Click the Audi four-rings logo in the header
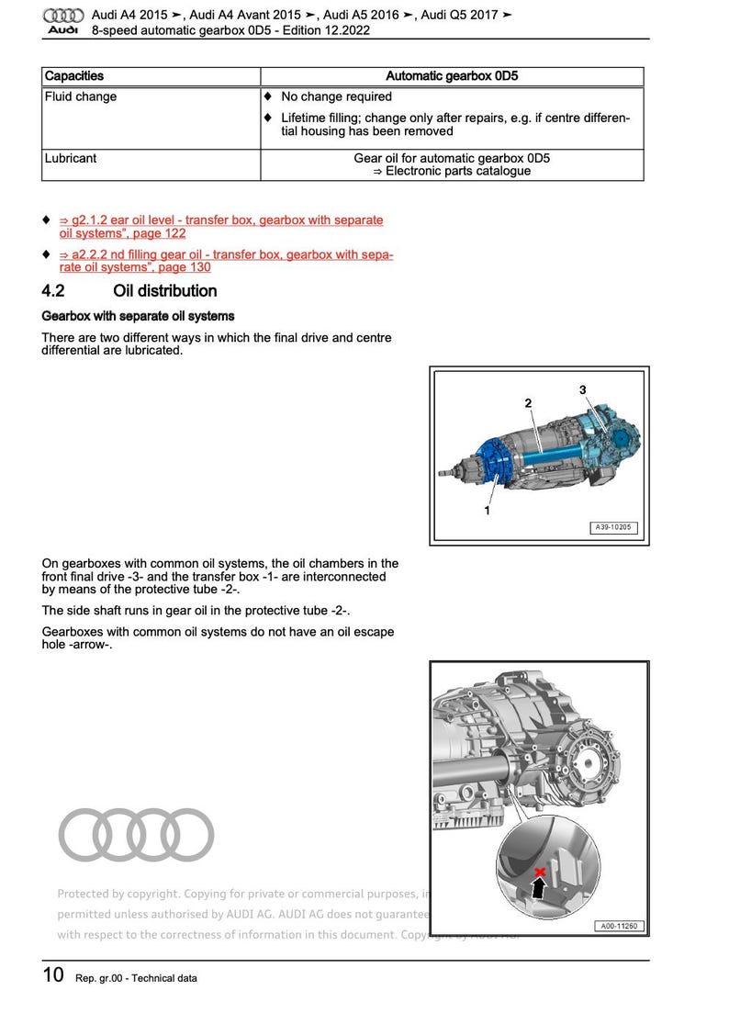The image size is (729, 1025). [64, 15]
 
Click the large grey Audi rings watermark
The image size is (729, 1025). [136, 834]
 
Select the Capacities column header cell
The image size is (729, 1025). [74, 76]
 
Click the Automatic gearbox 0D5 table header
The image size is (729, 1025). [452, 76]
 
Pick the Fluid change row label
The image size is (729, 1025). [81, 96]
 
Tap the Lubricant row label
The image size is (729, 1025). [70, 158]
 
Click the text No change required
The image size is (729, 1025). [336, 96]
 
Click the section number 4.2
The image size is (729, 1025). [53, 291]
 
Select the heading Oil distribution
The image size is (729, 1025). [164, 291]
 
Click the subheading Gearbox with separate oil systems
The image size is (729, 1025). [138, 315]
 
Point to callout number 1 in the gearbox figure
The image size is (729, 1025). [487, 511]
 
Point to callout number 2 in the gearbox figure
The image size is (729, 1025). [528, 403]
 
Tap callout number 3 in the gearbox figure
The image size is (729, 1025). [582, 390]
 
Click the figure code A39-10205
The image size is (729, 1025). [613, 528]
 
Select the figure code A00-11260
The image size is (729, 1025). [617, 927]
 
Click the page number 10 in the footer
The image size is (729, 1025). [53, 975]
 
